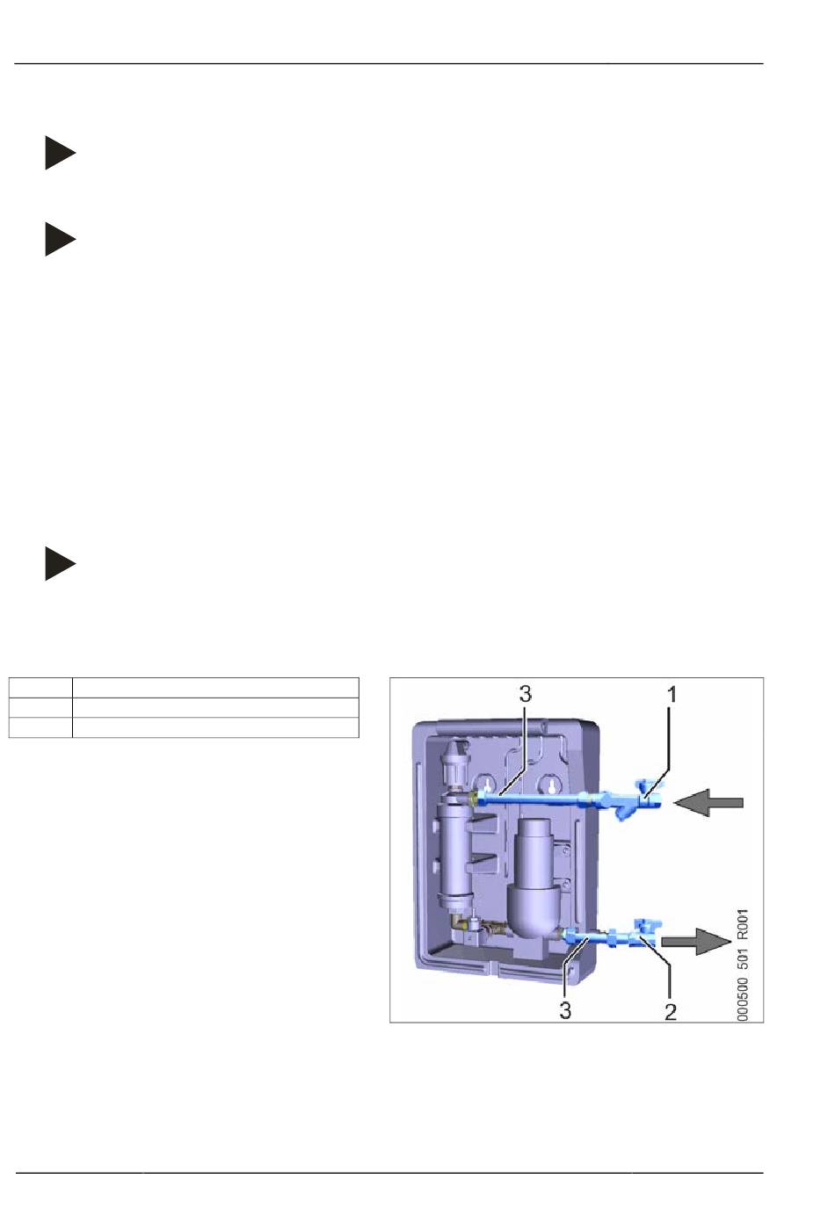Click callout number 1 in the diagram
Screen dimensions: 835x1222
click(672, 694)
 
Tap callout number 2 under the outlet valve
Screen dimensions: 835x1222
click(671, 1011)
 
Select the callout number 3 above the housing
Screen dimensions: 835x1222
click(525, 694)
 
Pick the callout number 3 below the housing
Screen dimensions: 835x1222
click(565, 1011)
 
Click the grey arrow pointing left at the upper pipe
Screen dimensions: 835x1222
click(708, 802)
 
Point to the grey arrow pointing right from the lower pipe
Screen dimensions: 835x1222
click(695, 942)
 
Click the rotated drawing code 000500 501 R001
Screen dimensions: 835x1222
click(743, 965)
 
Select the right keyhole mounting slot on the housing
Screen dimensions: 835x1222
click(551, 785)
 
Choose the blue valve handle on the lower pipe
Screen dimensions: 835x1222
click(650, 925)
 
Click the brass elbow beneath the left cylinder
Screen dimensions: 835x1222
click(460, 922)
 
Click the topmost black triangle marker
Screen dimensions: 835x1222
click(60, 152)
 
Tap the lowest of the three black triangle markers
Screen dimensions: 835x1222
click(60, 563)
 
